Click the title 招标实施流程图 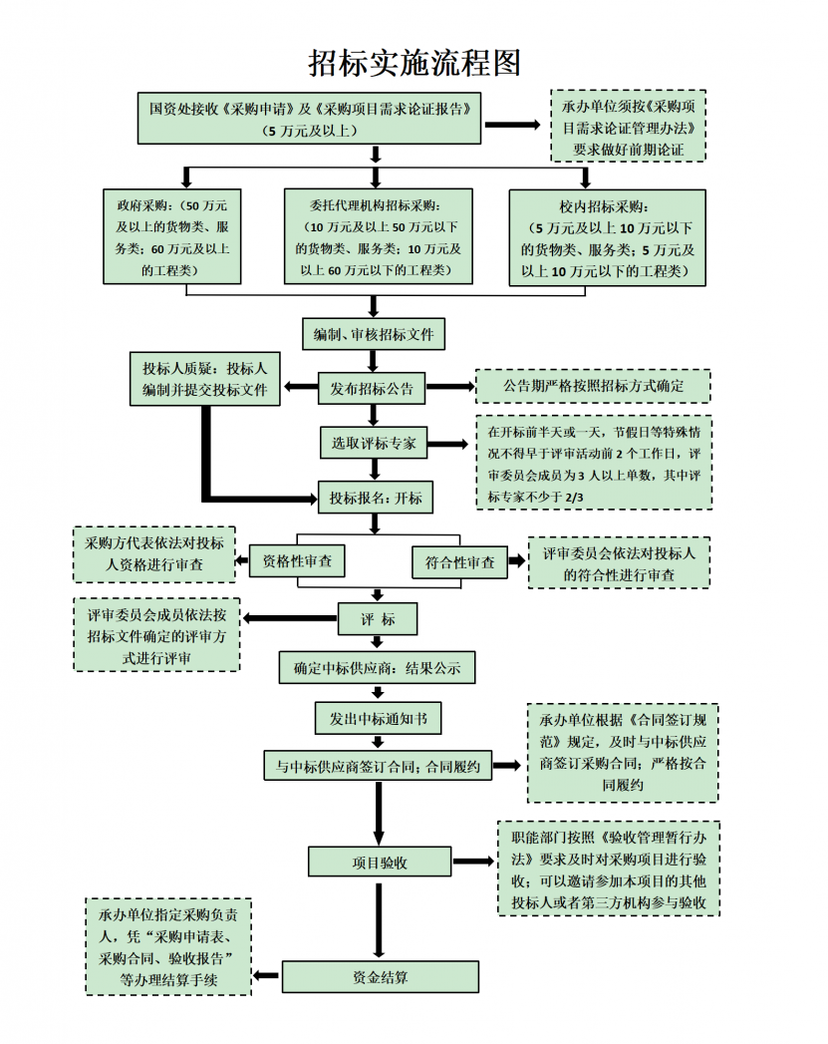(x=414, y=63)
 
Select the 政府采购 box (x=170, y=237)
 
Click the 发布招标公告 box (x=373, y=388)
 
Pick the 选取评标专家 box (x=374, y=442)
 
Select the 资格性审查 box (x=297, y=561)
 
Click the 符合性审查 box (x=459, y=562)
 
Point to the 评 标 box (x=378, y=619)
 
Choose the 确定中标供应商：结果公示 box (x=377, y=668)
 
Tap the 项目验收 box (x=380, y=862)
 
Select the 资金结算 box (x=380, y=977)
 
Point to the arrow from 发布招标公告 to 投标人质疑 (x=300, y=387)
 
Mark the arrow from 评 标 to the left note (x=289, y=619)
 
